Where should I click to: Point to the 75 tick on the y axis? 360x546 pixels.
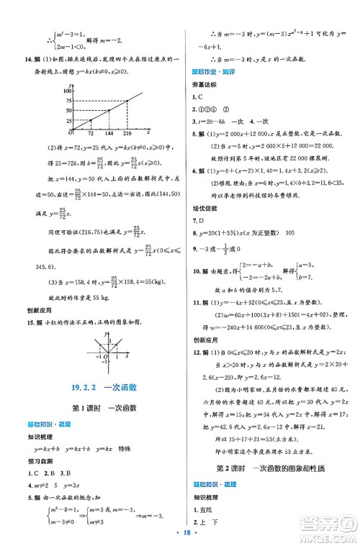click(x=69, y=100)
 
